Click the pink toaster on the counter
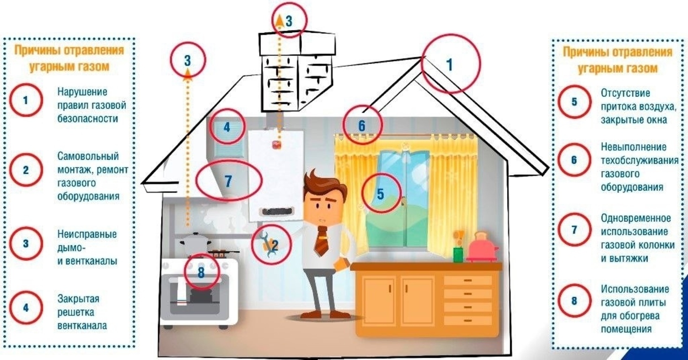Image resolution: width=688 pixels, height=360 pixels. click(482, 247)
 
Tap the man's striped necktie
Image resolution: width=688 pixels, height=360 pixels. click(321, 241)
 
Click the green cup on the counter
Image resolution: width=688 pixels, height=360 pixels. click(458, 254)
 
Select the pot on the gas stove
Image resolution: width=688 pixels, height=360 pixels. click(196, 242)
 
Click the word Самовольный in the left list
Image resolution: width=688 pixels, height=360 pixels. click(88, 156)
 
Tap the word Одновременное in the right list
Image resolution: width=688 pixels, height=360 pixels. click(636, 218)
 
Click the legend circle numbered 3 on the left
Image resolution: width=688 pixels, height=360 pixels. click(10, 244)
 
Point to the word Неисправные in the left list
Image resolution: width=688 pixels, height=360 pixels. click(87, 234)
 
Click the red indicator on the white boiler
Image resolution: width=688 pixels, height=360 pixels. click(276, 144)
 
